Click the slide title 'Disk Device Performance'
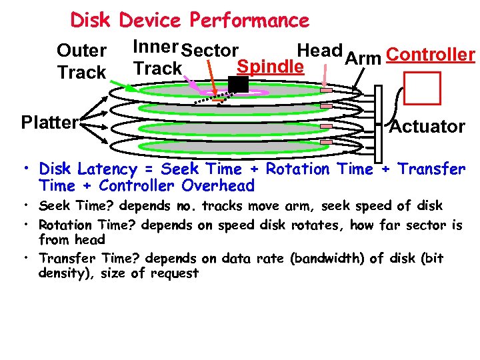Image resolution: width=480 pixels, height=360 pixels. tap(189, 20)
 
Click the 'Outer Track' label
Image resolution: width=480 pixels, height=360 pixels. tap(82, 61)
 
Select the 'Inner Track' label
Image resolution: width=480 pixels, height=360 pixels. tap(157, 57)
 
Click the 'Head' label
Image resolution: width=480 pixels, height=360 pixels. tap(319, 51)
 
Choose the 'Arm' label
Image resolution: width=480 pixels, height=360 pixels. tap(363, 59)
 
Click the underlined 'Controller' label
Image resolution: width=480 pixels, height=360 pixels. tap(430, 55)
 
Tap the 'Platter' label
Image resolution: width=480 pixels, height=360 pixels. tap(49, 122)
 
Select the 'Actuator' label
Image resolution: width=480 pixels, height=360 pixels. tap(427, 127)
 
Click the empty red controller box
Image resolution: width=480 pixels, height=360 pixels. tap(423, 89)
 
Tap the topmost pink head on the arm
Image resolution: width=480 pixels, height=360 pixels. tap(327, 90)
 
